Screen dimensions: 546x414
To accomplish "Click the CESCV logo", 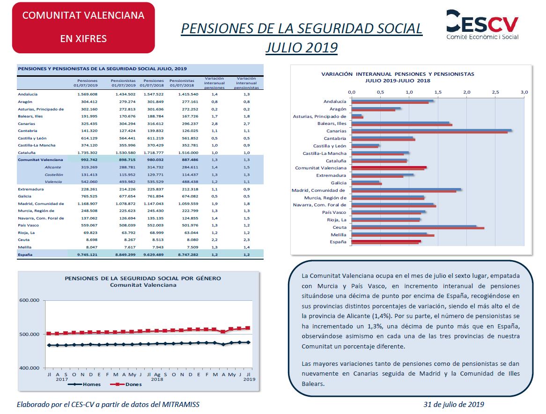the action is click(482, 24).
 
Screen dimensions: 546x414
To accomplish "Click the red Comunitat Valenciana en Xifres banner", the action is click(83, 28).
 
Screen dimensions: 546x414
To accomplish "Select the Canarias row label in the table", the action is click(27, 123).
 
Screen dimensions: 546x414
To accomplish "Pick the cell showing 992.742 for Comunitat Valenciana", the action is click(89, 160).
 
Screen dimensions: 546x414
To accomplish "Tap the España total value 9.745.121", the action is click(88, 254).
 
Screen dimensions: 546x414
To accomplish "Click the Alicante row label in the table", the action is click(53, 167).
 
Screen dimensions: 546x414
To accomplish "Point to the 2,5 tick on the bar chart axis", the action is click(495, 92).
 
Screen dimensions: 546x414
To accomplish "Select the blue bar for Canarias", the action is click(431, 130).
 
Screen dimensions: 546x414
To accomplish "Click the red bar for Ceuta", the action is click(418, 228).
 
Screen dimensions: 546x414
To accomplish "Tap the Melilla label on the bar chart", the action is click(339, 235).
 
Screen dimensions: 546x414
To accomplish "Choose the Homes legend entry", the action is click(84, 385).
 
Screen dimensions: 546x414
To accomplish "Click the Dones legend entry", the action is click(126, 385).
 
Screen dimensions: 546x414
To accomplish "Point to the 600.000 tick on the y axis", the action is click(29, 300).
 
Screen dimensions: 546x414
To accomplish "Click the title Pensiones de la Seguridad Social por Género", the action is click(143, 278).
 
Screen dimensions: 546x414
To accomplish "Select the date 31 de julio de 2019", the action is click(454, 404).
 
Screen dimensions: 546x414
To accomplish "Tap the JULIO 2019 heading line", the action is click(302, 47).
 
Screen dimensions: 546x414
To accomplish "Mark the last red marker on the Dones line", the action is click(248, 328).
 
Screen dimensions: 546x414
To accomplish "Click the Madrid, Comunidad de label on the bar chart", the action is click(318, 190).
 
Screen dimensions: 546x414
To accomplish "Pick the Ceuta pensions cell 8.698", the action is click(92, 240).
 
